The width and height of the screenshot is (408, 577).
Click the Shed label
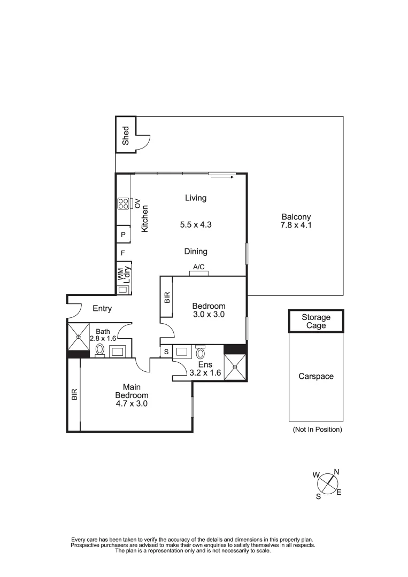(x=126, y=135)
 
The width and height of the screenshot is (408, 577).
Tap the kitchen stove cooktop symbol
(x=122, y=204)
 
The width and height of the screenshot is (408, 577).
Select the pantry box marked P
(x=123, y=235)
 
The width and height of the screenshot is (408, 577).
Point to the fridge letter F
(x=123, y=253)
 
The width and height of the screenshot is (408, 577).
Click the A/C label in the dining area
(x=198, y=267)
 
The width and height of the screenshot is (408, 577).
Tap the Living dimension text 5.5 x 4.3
(x=196, y=225)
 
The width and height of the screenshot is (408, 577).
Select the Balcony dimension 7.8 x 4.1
(x=296, y=225)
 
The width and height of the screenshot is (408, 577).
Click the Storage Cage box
(x=316, y=321)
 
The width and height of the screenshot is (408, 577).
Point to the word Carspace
(x=315, y=376)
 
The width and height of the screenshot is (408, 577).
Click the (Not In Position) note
(x=317, y=429)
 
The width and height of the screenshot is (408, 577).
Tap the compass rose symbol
(x=327, y=485)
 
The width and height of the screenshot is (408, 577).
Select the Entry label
(x=102, y=308)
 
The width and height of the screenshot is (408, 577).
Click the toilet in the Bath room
(x=100, y=350)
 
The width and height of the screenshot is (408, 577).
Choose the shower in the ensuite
(x=235, y=368)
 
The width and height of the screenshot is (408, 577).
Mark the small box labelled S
(x=166, y=352)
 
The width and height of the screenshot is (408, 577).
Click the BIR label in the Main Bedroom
(x=74, y=394)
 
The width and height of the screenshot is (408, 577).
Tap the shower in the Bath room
(x=78, y=337)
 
